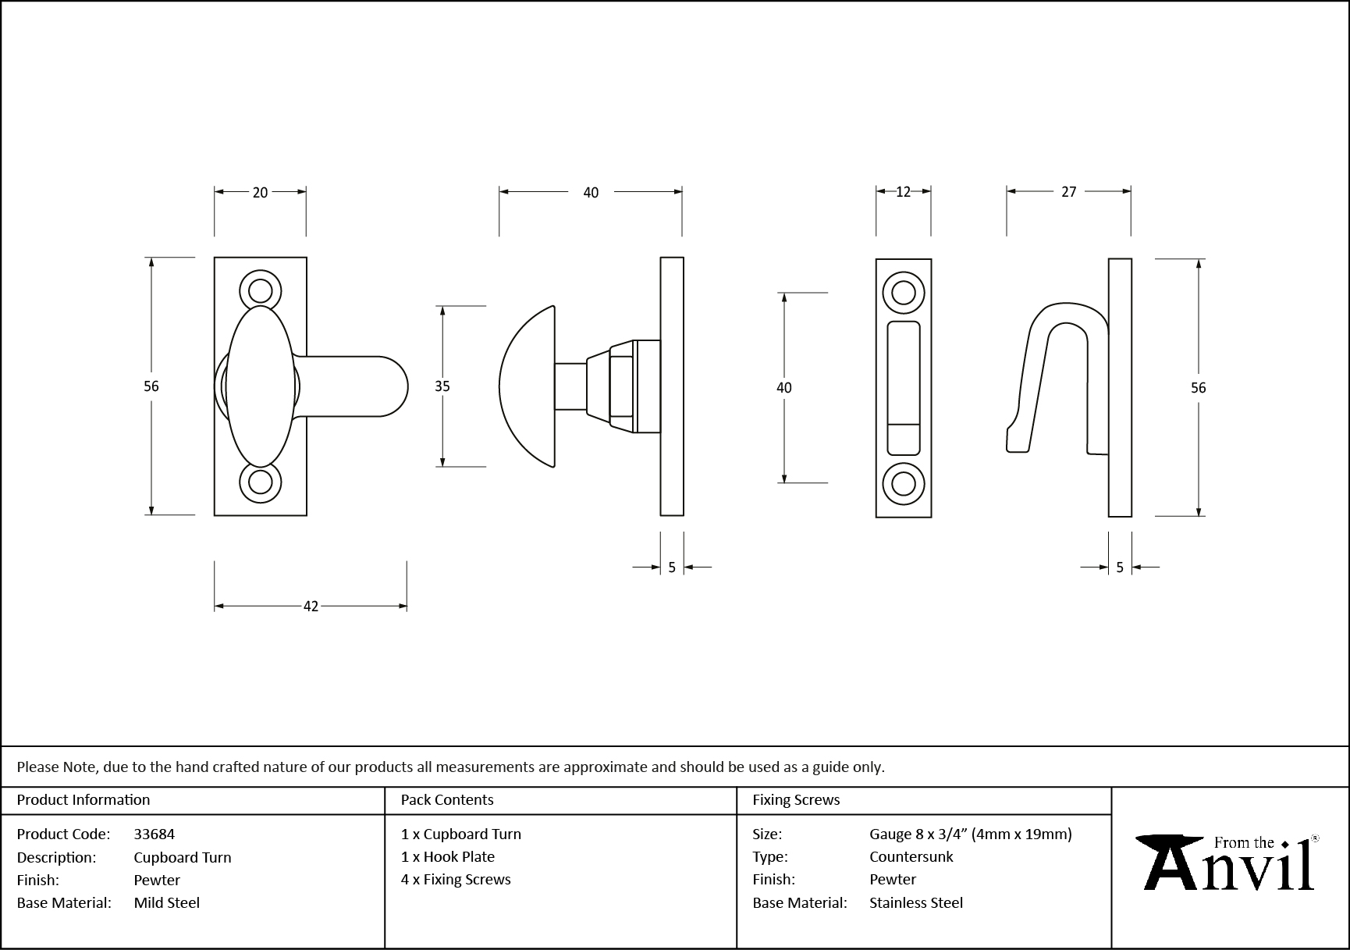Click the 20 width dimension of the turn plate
click(260, 192)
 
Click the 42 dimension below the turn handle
click(311, 607)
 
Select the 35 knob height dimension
click(442, 386)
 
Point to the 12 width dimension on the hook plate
click(903, 192)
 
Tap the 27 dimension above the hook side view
click(1068, 192)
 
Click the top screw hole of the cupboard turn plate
click(260, 292)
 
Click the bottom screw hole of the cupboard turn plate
click(260, 482)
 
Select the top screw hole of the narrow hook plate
click(903, 294)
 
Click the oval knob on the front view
click(260, 386)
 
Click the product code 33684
click(155, 834)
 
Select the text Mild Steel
click(167, 902)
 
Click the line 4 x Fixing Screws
click(456, 880)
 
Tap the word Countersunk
click(911, 856)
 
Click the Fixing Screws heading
click(796, 800)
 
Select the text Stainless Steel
click(916, 902)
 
